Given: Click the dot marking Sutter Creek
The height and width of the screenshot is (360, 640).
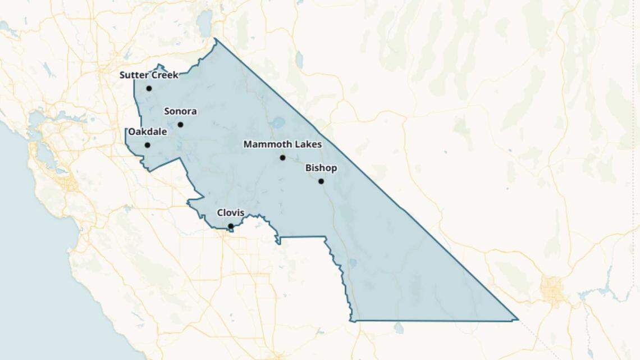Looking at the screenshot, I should pyautogui.click(x=149, y=88).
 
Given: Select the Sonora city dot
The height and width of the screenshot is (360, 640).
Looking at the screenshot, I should pyautogui.click(x=180, y=125).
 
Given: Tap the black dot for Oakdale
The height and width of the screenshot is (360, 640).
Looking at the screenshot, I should pyautogui.click(x=147, y=145).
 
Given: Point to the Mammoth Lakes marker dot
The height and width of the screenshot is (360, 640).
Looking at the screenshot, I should pyautogui.click(x=282, y=158).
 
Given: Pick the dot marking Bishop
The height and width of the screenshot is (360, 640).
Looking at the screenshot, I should pyautogui.click(x=321, y=181).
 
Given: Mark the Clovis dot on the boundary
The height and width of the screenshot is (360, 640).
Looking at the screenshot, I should pyautogui.click(x=231, y=226).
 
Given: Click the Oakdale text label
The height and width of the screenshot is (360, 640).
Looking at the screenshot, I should pyautogui.click(x=148, y=132).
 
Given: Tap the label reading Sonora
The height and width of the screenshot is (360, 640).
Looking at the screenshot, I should pyautogui.click(x=180, y=111).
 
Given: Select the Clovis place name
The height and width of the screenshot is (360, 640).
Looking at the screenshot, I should pyautogui.click(x=231, y=213).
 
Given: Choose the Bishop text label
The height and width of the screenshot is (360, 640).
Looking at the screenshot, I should pyautogui.click(x=321, y=168).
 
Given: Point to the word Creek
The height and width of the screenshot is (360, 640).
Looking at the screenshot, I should pyautogui.click(x=164, y=75).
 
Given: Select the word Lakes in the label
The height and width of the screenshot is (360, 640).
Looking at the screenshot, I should pyautogui.click(x=308, y=144).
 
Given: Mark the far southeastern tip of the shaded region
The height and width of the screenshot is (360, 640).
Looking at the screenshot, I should pyautogui.click(x=517, y=320).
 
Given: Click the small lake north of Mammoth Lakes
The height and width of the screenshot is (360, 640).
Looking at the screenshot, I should pyautogui.click(x=277, y=122).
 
